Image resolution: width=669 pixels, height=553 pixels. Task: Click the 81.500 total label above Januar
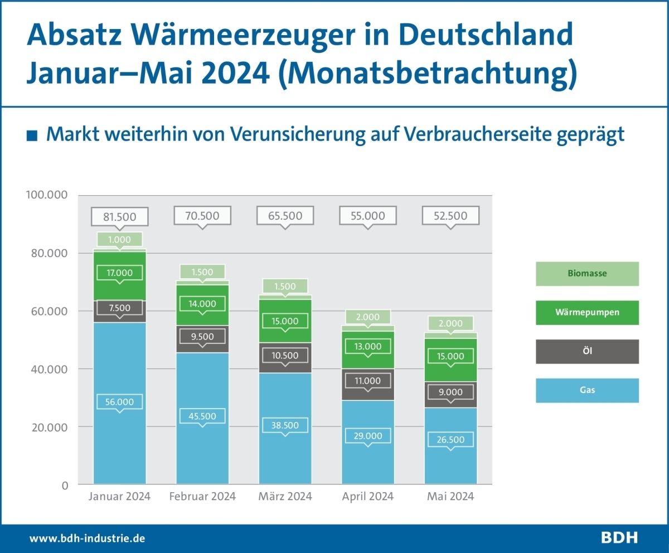(x=120, y=216)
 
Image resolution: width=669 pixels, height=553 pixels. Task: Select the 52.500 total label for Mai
(x=450, y=216)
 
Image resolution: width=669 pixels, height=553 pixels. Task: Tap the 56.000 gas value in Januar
(x=119, y=401)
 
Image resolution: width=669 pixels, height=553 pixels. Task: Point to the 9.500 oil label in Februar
(x=202, y=336)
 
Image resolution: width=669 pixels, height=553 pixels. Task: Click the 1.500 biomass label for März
(x=285, y=286)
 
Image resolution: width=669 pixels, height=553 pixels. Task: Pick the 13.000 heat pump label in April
(x=368, y=346)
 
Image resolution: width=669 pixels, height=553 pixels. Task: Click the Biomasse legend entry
(x=587, y=274)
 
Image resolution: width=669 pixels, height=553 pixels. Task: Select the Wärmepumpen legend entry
(x=587, y=312)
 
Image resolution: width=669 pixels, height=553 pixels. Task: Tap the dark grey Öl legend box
(x=587, y=351)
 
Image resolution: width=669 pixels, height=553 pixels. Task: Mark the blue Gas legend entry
(x=587, y=390)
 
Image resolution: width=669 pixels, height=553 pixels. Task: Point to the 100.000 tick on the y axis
(x=47, y=195)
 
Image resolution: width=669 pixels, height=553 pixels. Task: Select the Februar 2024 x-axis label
(x=202, y=496)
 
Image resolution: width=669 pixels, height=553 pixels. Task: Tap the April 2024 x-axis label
(x=368, y=496)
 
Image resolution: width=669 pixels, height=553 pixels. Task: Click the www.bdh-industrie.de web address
(x=88, y=539)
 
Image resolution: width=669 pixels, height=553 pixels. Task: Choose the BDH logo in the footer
(x=619, y=538)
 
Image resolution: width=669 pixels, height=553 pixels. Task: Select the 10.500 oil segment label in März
(x=285, y=356)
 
